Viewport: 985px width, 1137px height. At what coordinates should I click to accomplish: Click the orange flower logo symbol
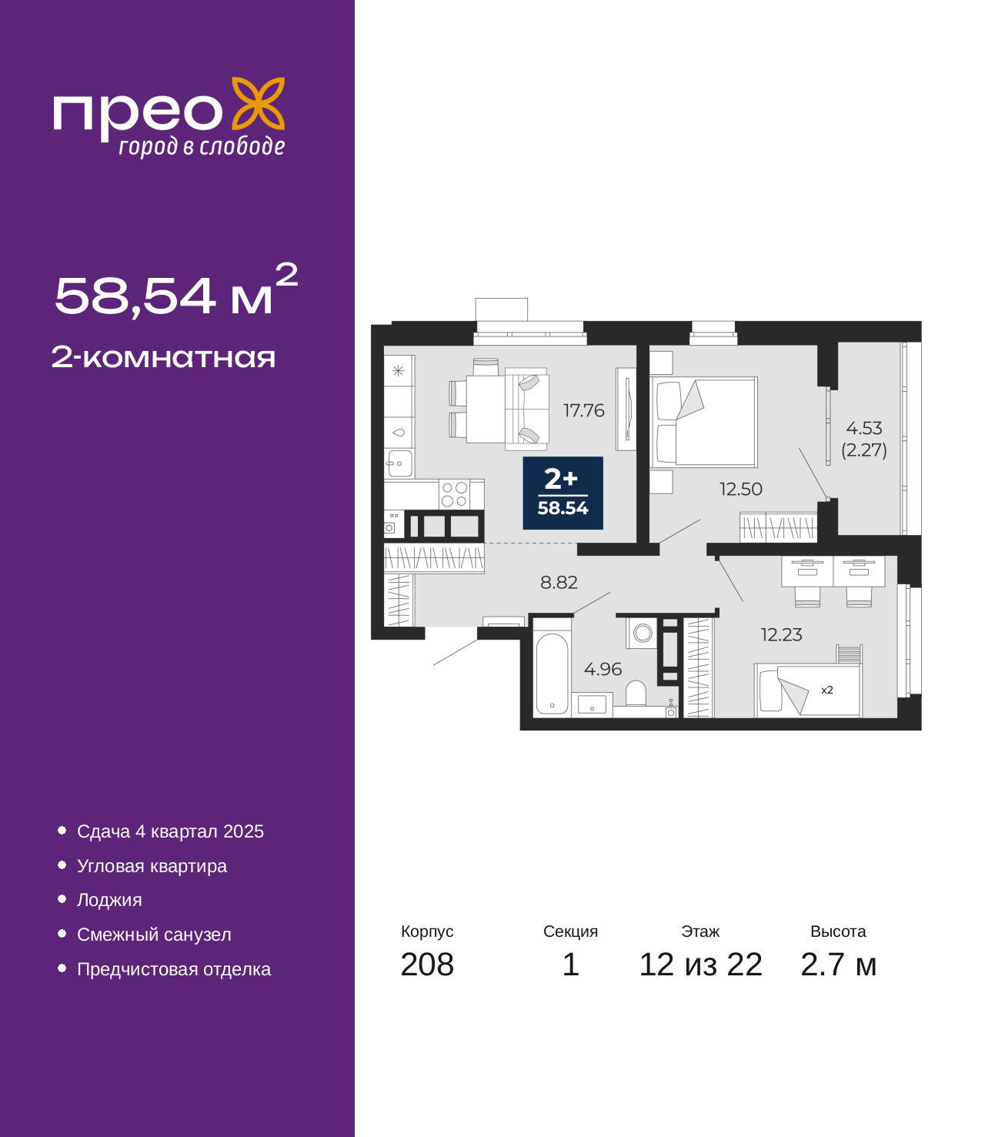(x=258, y=103)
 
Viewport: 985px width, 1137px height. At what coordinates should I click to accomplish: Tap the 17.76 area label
(x=583, y=410)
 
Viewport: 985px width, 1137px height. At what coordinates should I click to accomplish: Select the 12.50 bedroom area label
(x=741, y=489)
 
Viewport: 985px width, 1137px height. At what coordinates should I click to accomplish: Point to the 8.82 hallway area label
(x=559, y=582)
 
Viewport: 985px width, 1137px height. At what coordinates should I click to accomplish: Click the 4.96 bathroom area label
(x=603, y=669)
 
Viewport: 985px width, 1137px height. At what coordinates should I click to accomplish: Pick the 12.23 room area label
(x=782, y=635)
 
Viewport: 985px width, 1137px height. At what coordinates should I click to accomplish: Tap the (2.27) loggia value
(x=864, y=450)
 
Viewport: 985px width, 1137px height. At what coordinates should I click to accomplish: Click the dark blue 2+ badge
(x=563, y=493)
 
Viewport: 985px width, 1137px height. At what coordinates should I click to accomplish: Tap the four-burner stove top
(x=454, y=494)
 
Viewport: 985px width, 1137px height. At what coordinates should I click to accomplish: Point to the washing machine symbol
(x=642, y=633)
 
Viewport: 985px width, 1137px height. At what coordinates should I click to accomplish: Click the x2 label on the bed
(x=826, y=690)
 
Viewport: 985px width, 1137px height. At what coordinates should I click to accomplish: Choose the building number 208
(x=427, y=965)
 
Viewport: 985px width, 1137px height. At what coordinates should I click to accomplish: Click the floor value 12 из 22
(x=700, y=965)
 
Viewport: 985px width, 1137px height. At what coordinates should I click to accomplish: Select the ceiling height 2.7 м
(x=838, y=965)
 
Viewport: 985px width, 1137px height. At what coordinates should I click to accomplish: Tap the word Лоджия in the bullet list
(x=109, y=901)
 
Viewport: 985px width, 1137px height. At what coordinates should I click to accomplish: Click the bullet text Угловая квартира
(x=152, y=866)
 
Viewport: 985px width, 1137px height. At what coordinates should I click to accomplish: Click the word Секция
(x=570, y=931)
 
